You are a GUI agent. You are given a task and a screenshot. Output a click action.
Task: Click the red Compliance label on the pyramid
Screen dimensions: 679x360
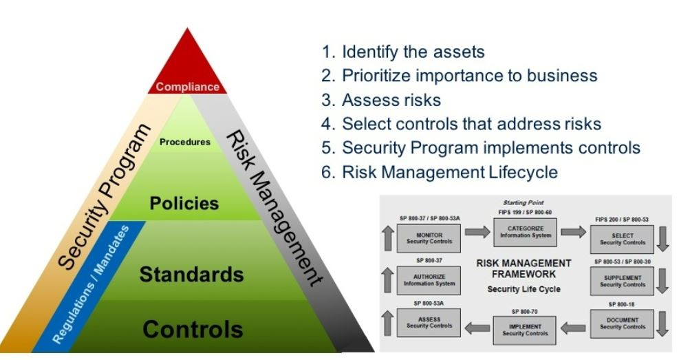pyautogui.click(x=188, y=87)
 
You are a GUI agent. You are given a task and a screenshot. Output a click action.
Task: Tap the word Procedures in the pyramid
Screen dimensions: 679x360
pyautogui.click(x=185, y=142)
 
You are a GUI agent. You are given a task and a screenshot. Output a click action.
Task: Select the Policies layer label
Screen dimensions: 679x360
pyautogui.click(x=184, y=203)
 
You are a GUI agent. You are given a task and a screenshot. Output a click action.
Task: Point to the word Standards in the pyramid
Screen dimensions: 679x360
pyautogui.click(x=191, y=274)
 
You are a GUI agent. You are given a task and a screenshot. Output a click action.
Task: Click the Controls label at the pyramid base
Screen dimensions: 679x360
pyautogui.click(x=193, y=329)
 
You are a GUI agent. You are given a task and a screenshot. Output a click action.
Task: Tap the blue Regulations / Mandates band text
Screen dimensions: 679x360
pyautogui.click(x=91, y=284)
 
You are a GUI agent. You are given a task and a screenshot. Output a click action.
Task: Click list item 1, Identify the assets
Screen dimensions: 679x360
pyautogui.click(x=403, y=52)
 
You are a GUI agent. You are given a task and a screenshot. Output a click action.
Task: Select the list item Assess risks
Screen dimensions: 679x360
pyautogui.click(x=381, y=100)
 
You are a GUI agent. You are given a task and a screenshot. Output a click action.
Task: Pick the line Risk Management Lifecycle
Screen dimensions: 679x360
pyautogui.click(x=440, y=172)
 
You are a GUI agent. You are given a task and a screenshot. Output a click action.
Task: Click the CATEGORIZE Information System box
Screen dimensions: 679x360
pyautogui.click(x=526, y=232)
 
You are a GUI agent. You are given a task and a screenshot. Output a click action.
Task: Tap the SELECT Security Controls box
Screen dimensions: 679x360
pyautogui.click(x=623, y=239)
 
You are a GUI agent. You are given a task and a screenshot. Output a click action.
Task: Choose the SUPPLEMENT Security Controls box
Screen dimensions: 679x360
pyautogui.click(x=623, y=281)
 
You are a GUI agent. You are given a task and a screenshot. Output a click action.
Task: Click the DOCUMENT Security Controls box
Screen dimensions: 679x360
pyautogui.click(x=623, y=324)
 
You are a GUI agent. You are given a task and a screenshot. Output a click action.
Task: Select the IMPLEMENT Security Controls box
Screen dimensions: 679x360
pyautogui.click(x=525, y=330)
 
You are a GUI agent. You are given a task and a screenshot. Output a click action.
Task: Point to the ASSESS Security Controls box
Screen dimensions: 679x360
pyautogui.click(x=429, y=322)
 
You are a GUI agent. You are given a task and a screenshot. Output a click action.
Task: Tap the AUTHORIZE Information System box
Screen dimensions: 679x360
pyautogui.click(x=429, y=280)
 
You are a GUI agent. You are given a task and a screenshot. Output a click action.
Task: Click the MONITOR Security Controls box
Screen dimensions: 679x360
pyautogui.click(x=429, y=238)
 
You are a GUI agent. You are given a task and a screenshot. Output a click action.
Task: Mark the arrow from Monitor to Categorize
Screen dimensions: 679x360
pyautogui.click(x=477, y=232)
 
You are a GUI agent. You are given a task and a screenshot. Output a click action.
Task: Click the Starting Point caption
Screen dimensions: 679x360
pyautogui.click(x=523, y=202)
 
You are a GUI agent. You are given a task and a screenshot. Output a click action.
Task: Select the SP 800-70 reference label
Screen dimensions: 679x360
pyautogui.click(x=524, y=312)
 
